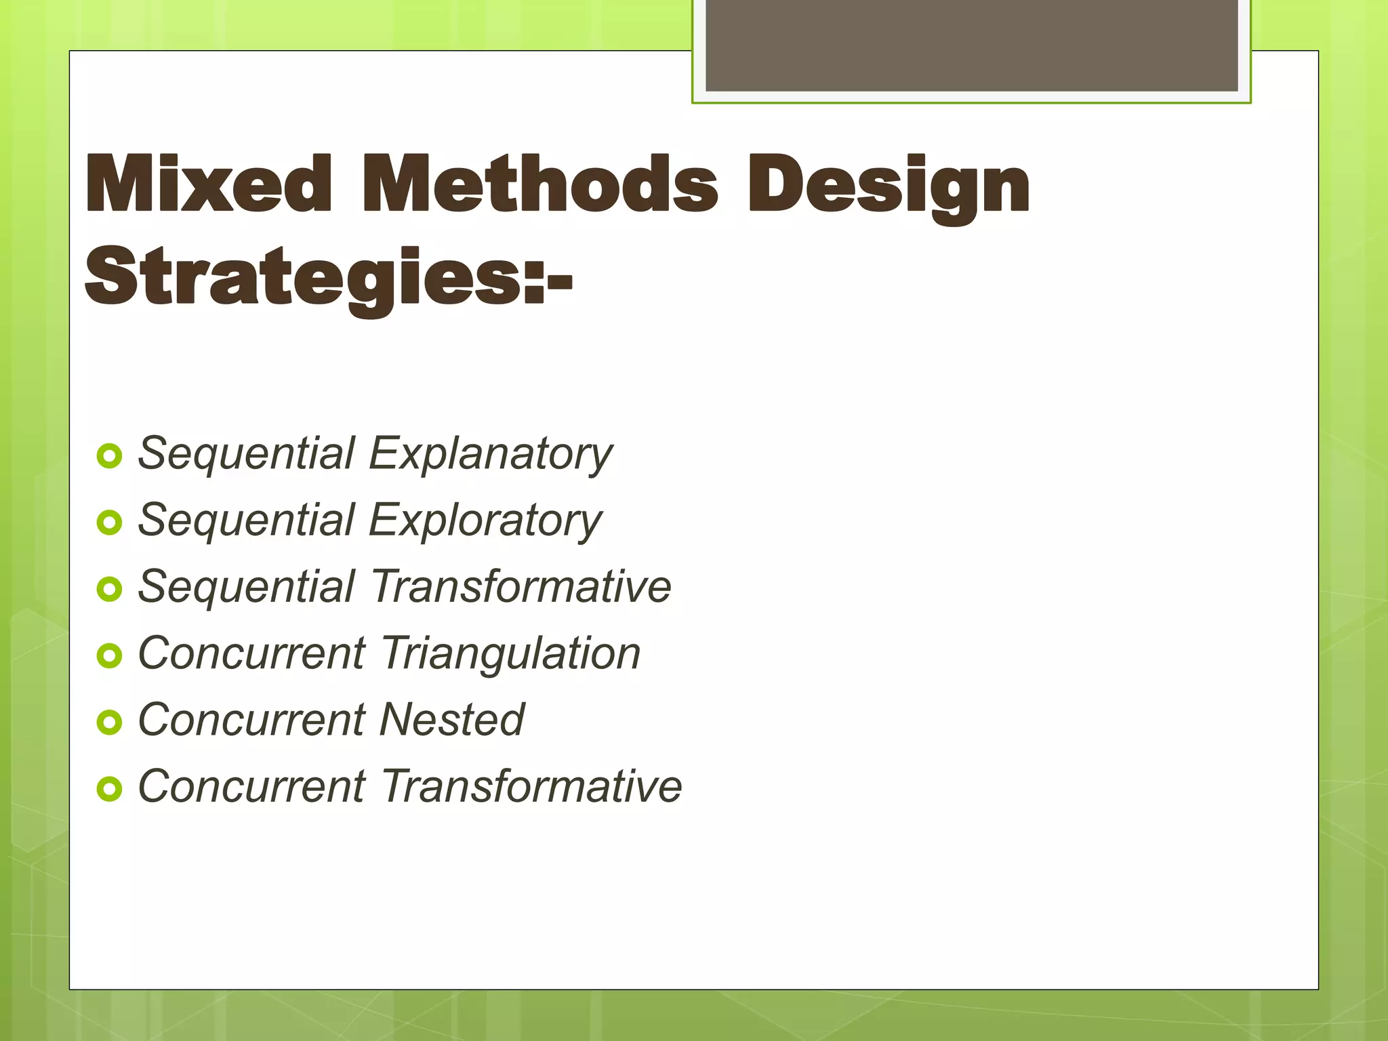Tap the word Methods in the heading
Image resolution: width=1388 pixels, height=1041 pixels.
[539, 184]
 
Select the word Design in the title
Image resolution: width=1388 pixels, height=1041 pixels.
[888, 186]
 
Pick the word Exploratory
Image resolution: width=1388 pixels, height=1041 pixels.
[485, 520]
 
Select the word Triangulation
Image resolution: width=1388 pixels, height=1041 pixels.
[510, 653]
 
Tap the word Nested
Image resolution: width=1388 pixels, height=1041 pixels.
[451, 720]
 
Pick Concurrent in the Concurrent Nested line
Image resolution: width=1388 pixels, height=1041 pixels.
[251, 720]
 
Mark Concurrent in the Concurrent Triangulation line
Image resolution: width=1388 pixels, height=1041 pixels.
[251, 653]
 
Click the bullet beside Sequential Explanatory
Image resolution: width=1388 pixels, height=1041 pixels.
[109, 456]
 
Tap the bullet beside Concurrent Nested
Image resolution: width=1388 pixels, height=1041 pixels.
[109, 722]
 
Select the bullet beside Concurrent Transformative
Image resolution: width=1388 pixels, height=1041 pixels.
[109, 789]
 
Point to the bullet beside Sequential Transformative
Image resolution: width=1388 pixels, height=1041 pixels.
[109, 589]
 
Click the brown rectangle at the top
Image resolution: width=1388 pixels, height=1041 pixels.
[971, 45]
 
